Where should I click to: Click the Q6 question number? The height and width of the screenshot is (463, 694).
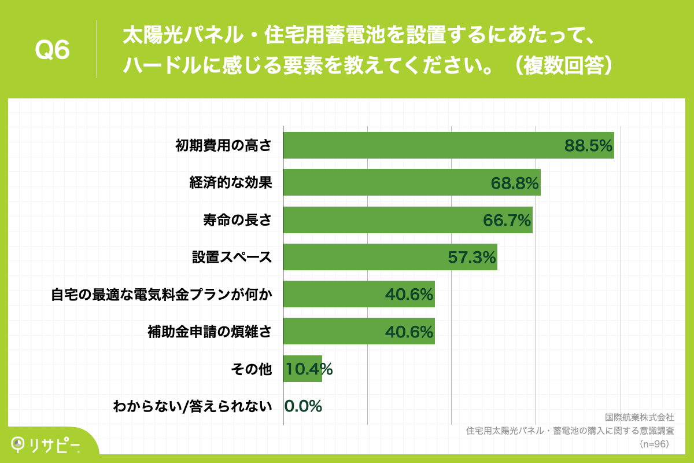pos(53,50)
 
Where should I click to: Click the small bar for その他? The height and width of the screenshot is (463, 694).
pos(302,369)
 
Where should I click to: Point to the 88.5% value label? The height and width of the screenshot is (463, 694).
pos(588,146)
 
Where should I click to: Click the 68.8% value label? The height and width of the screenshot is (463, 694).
pos(515,183)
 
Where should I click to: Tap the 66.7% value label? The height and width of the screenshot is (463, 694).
pos(507,221)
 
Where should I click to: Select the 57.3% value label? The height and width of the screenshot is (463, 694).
pos(472,258)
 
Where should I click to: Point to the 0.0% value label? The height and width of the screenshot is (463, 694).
pos(303,406)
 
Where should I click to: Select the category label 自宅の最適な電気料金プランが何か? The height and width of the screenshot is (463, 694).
pos(161,295)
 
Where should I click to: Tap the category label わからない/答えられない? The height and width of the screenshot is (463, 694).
pos(193,407)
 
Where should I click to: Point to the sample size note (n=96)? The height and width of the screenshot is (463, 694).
pos(655,443)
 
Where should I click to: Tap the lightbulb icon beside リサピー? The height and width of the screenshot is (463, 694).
pos(19,443)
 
